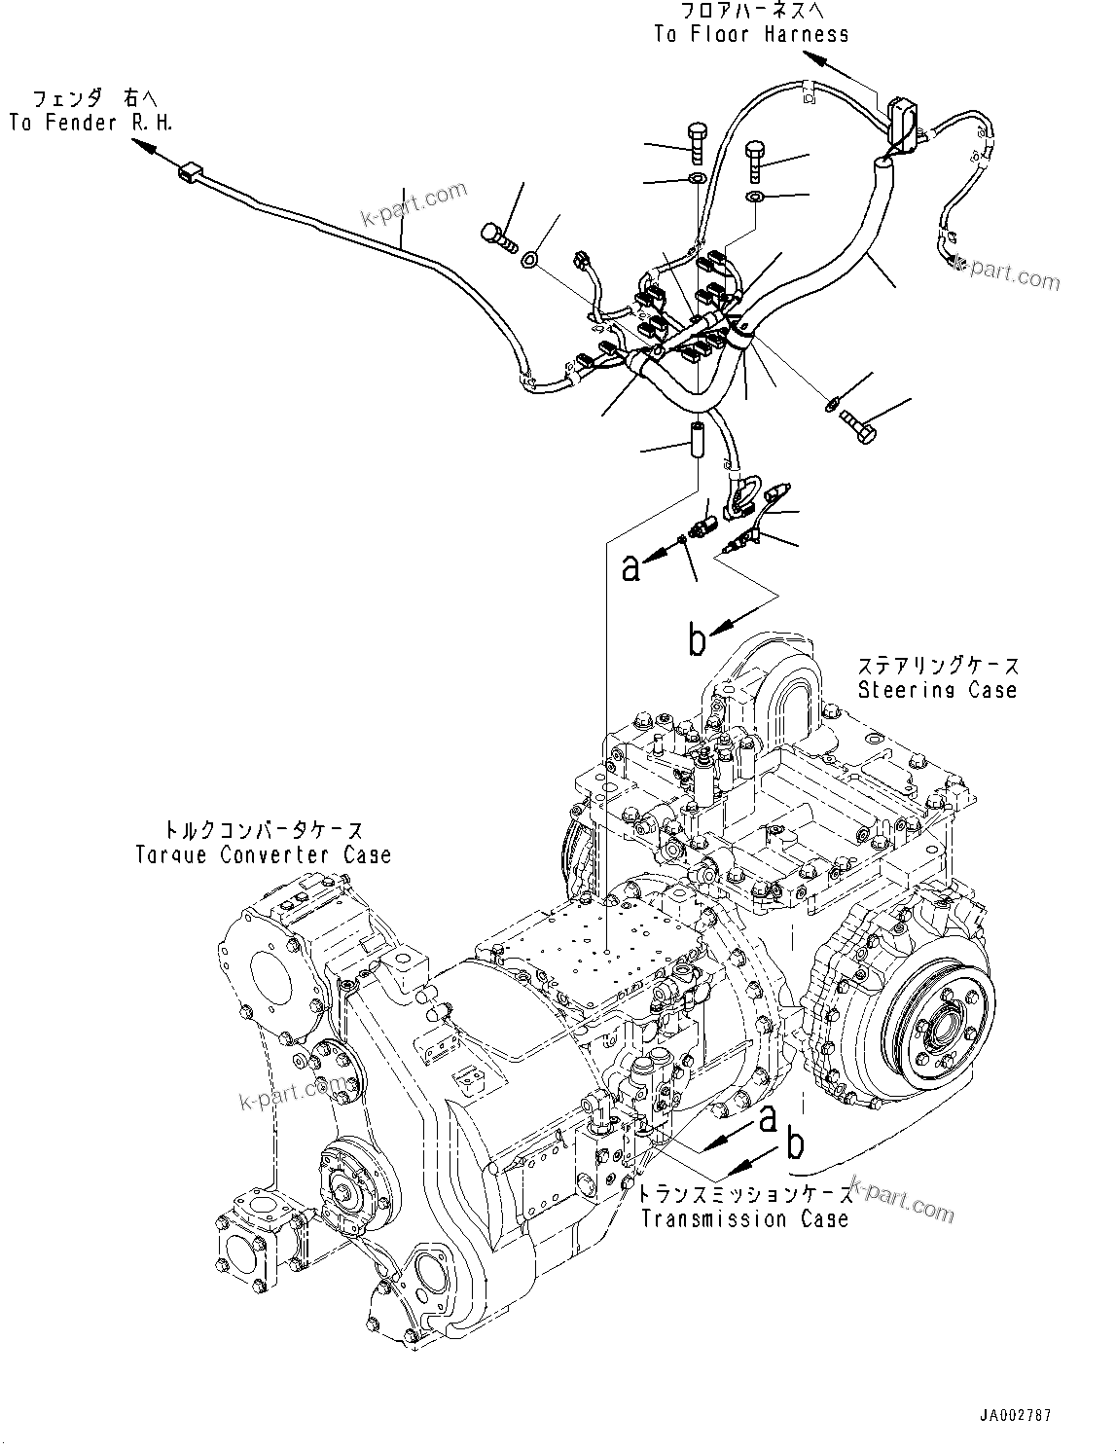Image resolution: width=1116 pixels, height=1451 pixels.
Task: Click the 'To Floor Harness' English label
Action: [750, 35]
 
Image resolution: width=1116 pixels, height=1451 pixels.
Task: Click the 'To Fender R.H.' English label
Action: [91, 124]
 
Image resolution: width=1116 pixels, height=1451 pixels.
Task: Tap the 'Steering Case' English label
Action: [937, 690]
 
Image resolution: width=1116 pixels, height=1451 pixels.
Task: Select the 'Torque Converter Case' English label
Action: [263, 855]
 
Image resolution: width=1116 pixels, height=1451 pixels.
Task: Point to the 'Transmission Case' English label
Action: [744, 1218]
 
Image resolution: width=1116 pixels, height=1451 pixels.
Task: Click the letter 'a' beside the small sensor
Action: [632, 566]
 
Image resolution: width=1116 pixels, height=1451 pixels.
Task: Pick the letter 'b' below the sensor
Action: [697, 639]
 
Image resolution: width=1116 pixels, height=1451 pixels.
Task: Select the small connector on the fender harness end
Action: [189, 175]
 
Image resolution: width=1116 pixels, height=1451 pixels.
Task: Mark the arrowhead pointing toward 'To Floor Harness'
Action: [817, 60]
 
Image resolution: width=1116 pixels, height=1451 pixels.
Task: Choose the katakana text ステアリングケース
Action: [938, 666]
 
